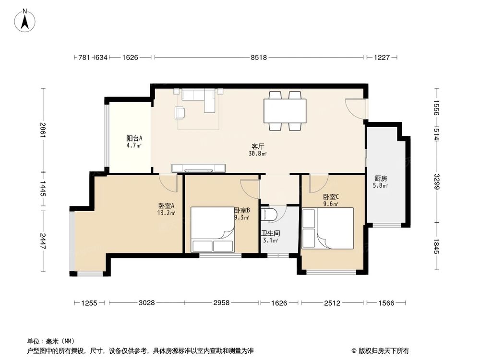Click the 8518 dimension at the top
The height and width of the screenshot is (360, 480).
(x=258, y=58)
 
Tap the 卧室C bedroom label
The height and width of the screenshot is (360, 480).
(x=331, y=196)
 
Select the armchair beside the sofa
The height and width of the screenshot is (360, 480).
(x=180, y=112)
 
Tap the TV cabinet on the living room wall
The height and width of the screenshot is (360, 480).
(x=198, y=168)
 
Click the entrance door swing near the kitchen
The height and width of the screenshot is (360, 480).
(x=356, y=108)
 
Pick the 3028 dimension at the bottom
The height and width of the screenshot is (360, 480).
(x=146, y=303)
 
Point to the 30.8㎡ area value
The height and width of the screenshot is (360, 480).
(x=258, y=154)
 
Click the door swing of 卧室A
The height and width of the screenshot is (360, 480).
(x=168, y=182)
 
